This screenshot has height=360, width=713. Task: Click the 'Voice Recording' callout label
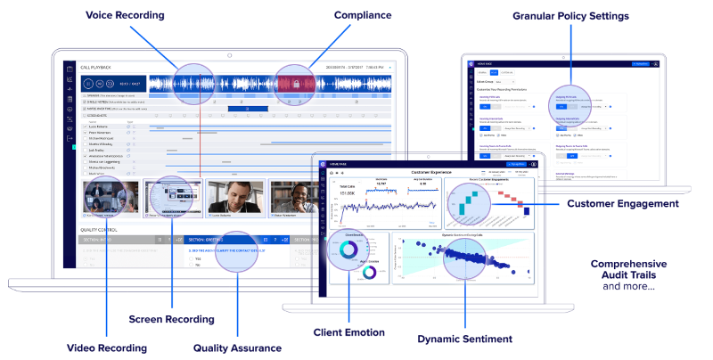(126, 16)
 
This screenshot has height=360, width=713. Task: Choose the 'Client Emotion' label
(348, 332)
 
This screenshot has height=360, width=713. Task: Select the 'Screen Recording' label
(170, 318)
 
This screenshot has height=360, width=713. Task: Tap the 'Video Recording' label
(106, 348)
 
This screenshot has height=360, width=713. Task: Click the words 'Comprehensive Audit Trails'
(628, 270)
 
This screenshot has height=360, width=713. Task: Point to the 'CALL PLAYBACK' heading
(94, 67)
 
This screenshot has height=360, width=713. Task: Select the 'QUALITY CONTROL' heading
(99, 230)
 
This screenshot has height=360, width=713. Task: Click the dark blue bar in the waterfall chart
(527, 210)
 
